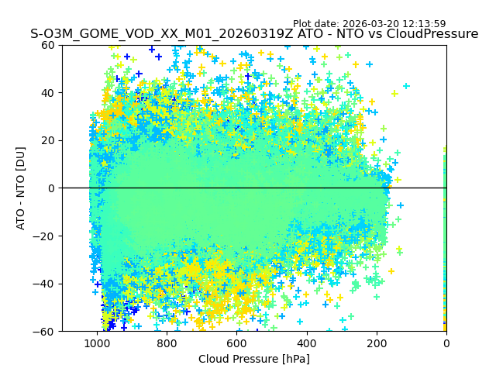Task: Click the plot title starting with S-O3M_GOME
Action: pyautogui.click(x=254, y=34)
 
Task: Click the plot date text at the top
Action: pyautogui.click(x=369, y=24)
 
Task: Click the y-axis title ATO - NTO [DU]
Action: pyautogui.click(x=21, y=188)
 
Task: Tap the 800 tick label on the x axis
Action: pyautogui.click(x=167, y=343)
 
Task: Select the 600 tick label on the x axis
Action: pyautogui.click(x=236, y=343)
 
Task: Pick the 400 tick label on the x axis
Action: pyautogui.click(x=306, y=343)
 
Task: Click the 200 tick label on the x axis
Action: pyautogui.click(x=376, y=343)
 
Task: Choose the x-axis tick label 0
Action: pyautogui.click(x=446, y=343)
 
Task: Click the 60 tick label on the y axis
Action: pyautogui.click(x=48, y=45)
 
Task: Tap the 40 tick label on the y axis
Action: pyautogui.click(x=48, y=93)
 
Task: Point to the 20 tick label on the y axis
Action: pyautogui.click(x=48, y=140)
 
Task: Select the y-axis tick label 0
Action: pyautogui.click(x=51, y=188)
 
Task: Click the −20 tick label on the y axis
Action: pyautogui.click(x=45, y=236)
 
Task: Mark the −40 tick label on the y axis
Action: pyautogui.click(x=45, y=284)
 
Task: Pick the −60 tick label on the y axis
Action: pyautogui.click(x=45, y=332)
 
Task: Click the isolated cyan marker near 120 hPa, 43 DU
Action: pyautogui.click(x=405, y=86)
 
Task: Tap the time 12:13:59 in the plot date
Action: pyautogui.click(x=424, y=24)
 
